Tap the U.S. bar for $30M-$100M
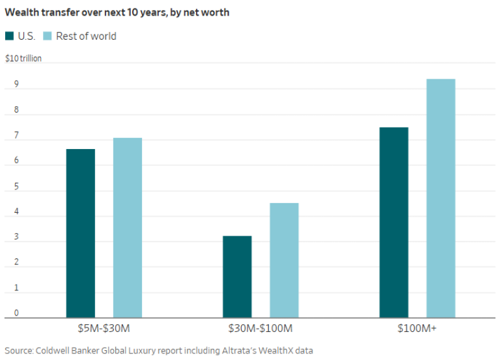point(237,277)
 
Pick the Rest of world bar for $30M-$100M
point(284,260)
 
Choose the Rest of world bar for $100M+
point(441,198)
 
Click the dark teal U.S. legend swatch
point(9,36)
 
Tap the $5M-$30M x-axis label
point(104,329)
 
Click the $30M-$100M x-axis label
point(260,329)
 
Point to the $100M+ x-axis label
point(417,329)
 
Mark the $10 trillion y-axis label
point(23,59)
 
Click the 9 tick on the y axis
point(8,85)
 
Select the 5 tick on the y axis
point(8,187)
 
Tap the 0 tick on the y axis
point(8,313)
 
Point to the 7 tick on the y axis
point(8,136)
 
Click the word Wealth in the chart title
point(22,12)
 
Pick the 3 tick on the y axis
point(8,238)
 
